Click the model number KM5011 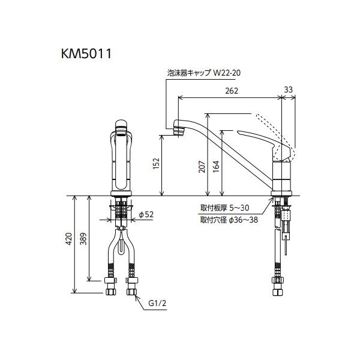click(86, 54)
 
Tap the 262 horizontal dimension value click(232, 91)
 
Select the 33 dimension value click(289, 89)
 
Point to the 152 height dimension click(156, 163)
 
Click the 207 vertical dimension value click(202, 166)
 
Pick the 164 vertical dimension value click(216, 166)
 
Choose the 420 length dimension click(69, 239)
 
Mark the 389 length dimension click(83, 239)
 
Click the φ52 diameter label click(146, 214)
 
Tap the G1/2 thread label click(157, 303)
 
